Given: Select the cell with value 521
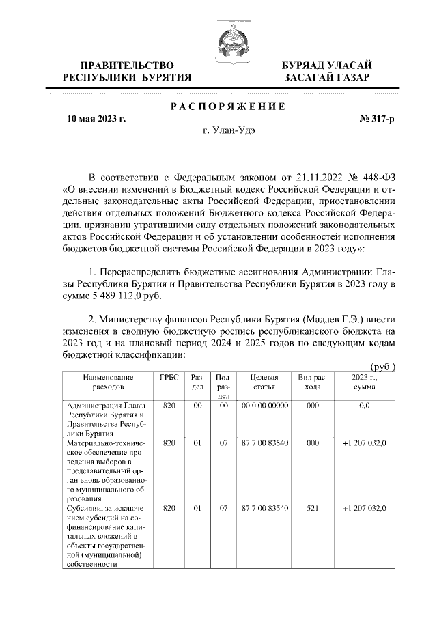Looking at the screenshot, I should [x=312, y=509].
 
